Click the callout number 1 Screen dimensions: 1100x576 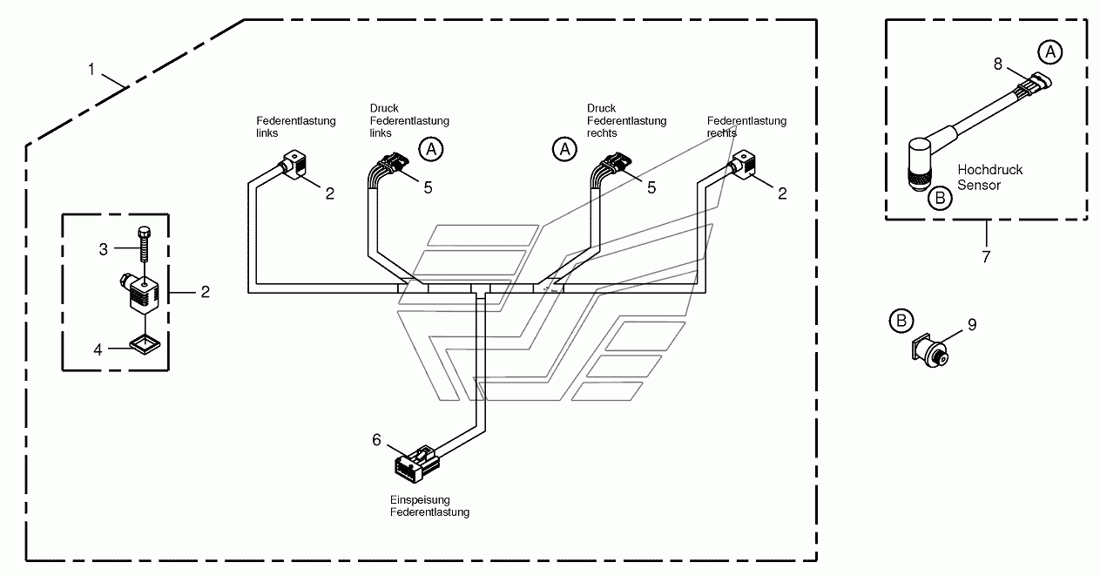click(x=91, y=70)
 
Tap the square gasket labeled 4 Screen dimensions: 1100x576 click(x=145, y=345)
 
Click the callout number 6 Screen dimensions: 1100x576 click(x=376, y=440)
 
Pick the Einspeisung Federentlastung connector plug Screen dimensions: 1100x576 click(x=416, y=464)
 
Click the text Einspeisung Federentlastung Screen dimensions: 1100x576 click(x=429, y=506)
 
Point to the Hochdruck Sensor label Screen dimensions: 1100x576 click(x=989, y=178)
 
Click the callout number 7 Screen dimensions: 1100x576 click(x=986, y=256)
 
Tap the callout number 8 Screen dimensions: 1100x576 click(x=998, y=64)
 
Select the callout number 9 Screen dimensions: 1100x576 click(x=972, y=324)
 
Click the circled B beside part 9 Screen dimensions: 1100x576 click(x=901, y=321)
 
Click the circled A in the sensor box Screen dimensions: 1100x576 click(x=1049, y=52)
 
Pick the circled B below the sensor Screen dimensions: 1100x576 click(x=940, y=198)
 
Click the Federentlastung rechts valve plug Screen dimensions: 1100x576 click(x=743, y=164)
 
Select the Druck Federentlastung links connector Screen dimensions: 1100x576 click(x=394, y=163)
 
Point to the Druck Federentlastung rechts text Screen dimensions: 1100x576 click(x=626, y=120)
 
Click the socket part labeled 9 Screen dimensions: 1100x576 click(x=929, y=351)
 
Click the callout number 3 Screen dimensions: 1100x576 click(x=103, y=250)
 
